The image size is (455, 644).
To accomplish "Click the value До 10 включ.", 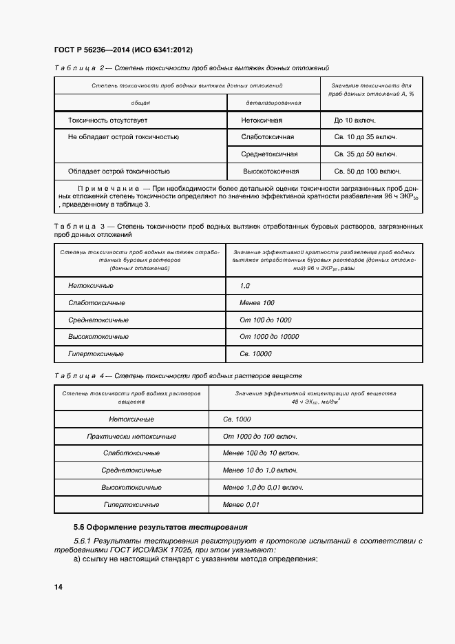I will click(355, 120).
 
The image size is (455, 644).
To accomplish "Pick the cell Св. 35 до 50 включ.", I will click(366, 154).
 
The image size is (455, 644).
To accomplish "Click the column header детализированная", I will click(273, 102).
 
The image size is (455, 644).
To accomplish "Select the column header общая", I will click(140, 102).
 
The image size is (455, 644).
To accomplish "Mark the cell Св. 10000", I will click(255, 353).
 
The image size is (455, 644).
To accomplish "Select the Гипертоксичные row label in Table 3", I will click(96, 353).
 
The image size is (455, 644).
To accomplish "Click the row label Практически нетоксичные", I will click(131, 436).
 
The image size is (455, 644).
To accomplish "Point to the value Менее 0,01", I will click(241, 504).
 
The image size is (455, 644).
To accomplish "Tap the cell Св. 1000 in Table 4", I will click(237, 419).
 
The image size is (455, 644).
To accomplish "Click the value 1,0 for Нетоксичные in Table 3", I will click(244, 285).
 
